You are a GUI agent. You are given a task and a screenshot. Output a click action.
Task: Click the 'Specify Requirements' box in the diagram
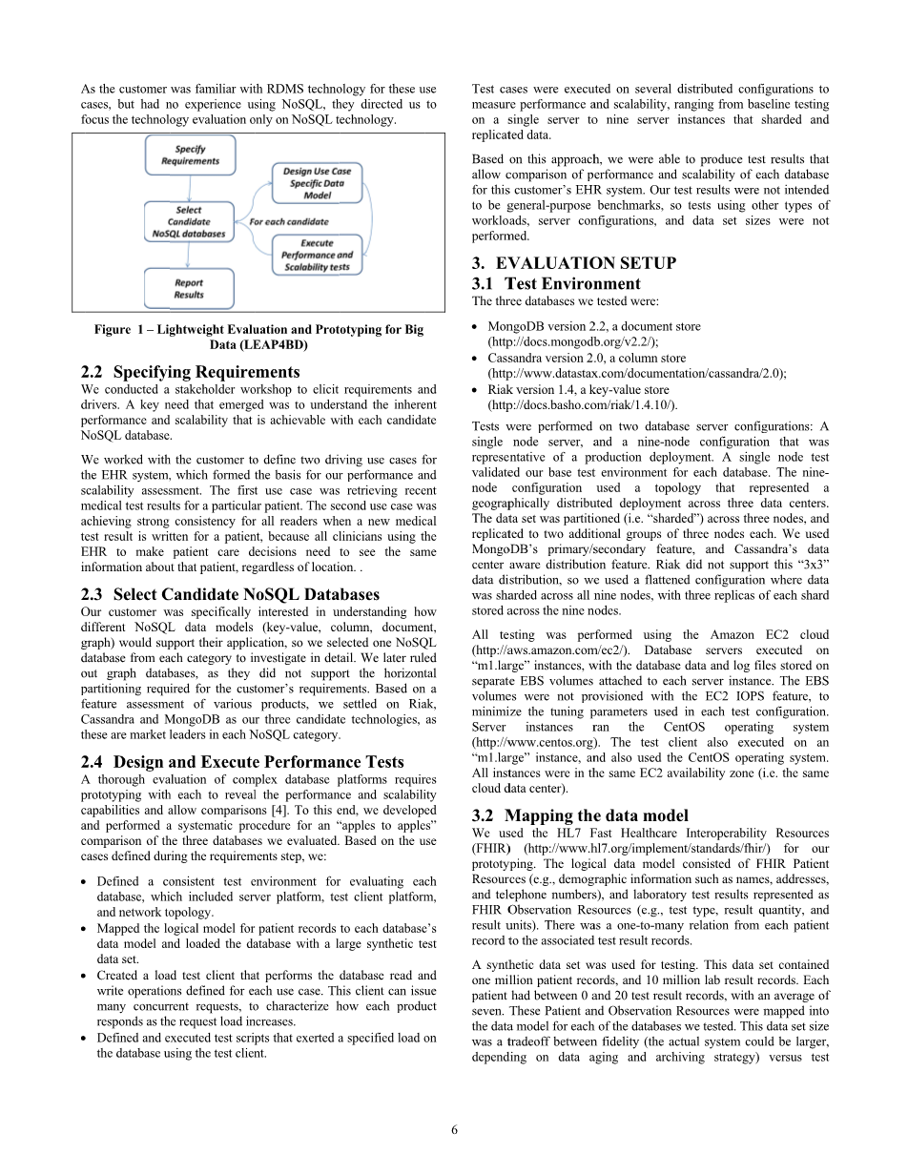tap(190, 155)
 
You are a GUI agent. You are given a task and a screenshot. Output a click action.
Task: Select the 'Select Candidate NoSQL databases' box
tap(189, 221)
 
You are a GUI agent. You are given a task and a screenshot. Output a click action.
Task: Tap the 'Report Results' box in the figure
tap(189, 288)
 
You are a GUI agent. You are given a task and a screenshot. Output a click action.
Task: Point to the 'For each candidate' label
tap(283, 221)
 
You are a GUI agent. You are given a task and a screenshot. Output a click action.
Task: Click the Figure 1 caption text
tap(258, 337)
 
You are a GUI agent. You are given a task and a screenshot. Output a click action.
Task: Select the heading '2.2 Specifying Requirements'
tap(191, 372)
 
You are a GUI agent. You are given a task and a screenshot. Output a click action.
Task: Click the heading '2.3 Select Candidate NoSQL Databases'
tap(231, 594)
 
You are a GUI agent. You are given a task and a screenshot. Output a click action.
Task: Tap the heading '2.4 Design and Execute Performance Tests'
tap(243, 761)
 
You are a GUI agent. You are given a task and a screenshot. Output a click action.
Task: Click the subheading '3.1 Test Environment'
tap(556, 283)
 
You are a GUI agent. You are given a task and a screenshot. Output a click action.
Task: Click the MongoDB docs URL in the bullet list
tap(573, 341)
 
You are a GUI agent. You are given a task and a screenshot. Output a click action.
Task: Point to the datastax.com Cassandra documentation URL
tap(636, 374)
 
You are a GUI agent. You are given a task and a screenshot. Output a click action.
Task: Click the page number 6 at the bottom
tap(454, 1130)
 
